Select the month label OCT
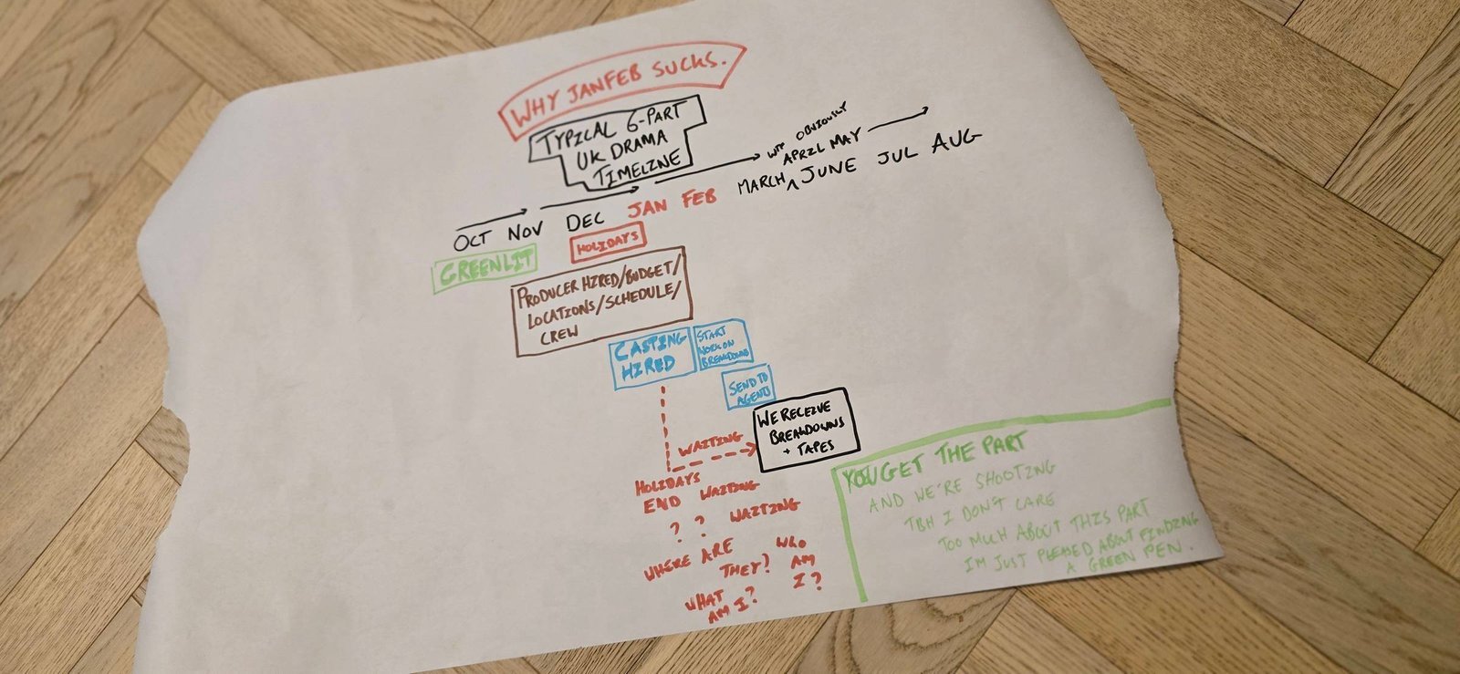pyautogui.click(x=474, y=238)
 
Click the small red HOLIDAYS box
pyautogui.click(x=607, y=244)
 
